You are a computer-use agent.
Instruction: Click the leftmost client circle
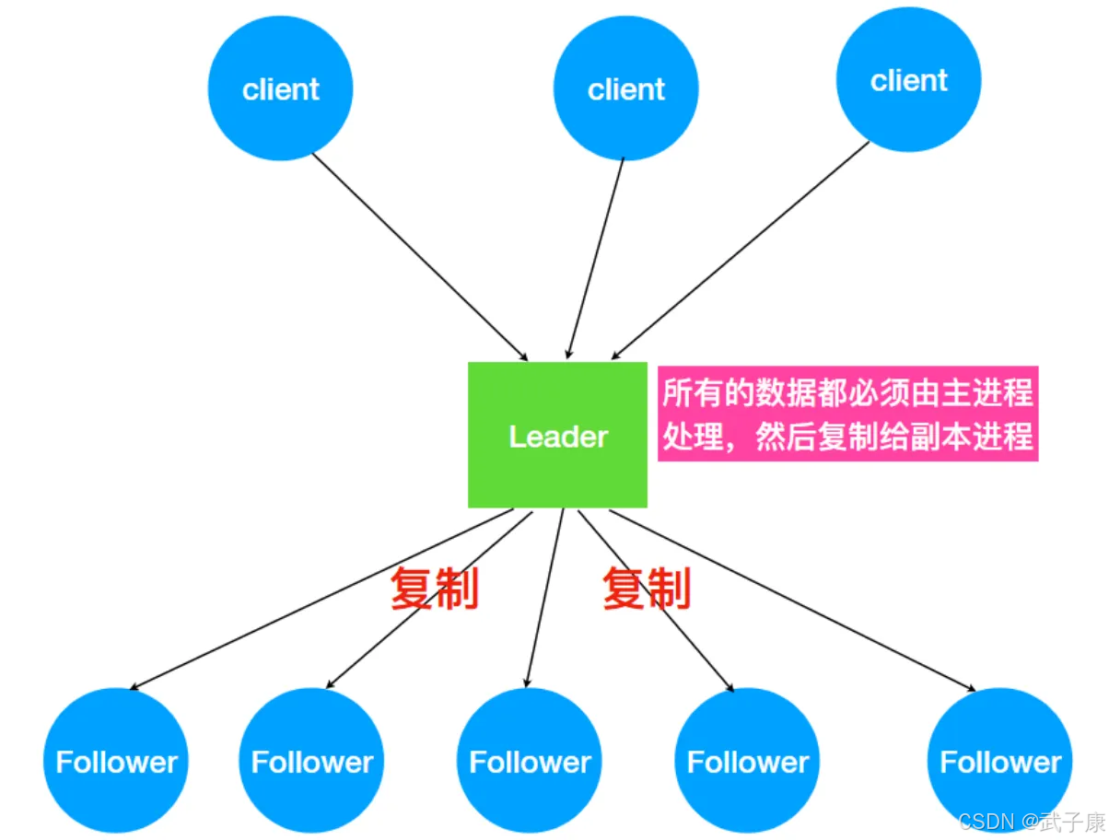point(280,88)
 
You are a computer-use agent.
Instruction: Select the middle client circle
point(625,88)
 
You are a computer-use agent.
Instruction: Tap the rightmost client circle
point(908,79)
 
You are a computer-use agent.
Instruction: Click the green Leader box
point(557,435)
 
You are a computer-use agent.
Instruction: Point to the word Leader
point(558,437)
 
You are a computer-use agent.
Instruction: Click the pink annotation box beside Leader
point(847,414)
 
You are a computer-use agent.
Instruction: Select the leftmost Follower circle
point(116,761)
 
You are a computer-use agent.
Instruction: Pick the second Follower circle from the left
point(311,761)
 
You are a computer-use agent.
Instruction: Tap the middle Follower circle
point(529,761)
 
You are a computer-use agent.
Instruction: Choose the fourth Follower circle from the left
point(747,761)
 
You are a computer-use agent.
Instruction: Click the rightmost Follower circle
point(999,761)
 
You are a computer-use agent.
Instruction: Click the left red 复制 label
point(434,589)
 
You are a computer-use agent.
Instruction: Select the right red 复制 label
point(647,589)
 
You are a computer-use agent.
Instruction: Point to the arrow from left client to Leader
point(420,257)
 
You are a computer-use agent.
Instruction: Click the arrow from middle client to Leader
point(595,259)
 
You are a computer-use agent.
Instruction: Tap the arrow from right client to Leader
point(740,251)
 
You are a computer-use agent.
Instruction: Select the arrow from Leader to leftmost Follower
point(321,600)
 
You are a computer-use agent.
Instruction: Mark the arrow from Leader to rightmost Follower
point(792,601)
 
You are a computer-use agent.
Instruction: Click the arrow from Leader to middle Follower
point(544,599)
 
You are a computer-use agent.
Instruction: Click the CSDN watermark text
point(1032,822)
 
